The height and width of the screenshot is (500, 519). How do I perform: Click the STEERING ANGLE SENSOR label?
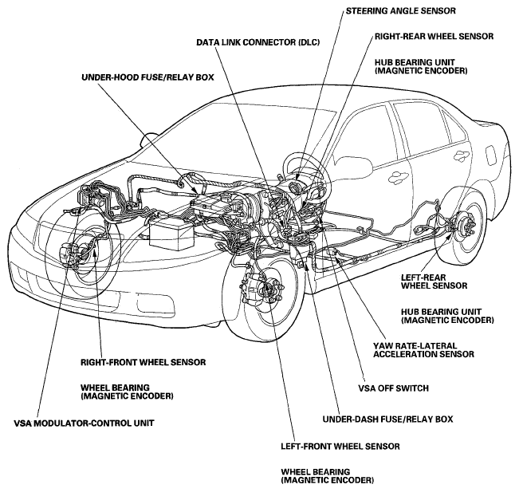click(400, 11)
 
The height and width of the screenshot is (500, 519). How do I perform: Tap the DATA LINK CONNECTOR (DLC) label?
click(258, 42)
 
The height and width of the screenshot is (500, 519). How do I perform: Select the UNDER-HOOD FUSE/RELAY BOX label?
click(147, 77)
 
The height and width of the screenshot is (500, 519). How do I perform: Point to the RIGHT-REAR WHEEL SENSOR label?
click(434, 36)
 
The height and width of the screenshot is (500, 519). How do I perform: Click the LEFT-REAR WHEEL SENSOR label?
click(434, 281)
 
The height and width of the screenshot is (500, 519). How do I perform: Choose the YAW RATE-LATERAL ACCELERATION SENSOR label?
click(423, 350)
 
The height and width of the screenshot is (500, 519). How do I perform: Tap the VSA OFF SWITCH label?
click(394, 388)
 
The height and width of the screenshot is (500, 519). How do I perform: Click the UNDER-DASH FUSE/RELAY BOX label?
click(387, 419)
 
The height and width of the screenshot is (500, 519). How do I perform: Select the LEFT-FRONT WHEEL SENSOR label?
click(340, 447)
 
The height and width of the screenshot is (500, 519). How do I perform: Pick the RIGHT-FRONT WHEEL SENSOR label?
click(144, 362)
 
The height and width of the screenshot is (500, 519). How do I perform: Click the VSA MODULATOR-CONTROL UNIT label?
click(84, 423)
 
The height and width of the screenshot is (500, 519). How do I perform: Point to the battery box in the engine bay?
click(171, 234)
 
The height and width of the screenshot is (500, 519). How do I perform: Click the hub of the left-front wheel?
click(272, 288)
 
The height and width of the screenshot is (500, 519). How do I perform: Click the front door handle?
click(399, 176)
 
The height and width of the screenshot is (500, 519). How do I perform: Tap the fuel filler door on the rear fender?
click(492, 154)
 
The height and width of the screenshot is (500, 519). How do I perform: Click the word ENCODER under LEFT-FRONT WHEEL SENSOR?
click(352, 480)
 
